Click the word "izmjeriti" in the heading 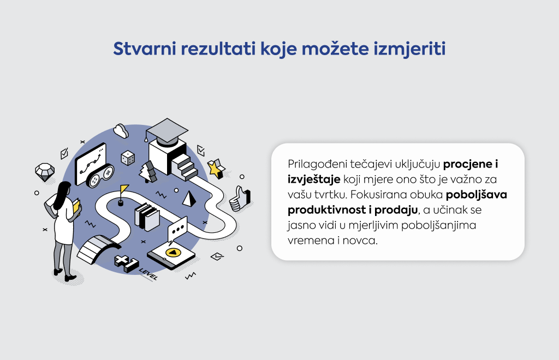click(409, 49)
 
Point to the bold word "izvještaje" click(314, 179)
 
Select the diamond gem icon click(45, 172)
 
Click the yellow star click(216, 169)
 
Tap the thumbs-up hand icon click(240, 199)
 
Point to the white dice click(128, 158)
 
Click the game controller click(100, 176)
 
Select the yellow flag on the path click(124, 189)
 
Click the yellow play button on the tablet click(173, 253)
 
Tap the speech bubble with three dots click(177, 229)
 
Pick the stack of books click(146, 217)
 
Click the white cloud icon click(121, 131)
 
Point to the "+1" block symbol click(126, 263)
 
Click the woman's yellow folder click(76, 208)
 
